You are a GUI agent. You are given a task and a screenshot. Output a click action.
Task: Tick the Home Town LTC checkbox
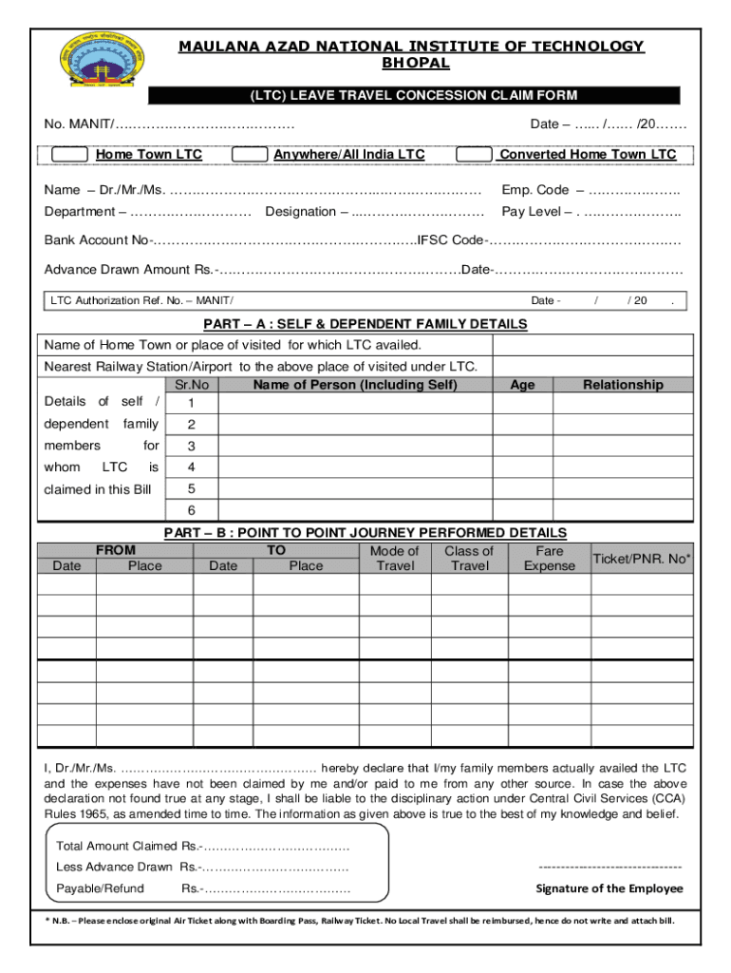[70, 155]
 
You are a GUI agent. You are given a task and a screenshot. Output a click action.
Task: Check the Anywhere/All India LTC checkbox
[249, 155]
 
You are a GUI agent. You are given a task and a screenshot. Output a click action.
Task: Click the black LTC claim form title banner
[414, 95]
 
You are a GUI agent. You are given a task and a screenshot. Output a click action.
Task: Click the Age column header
[522, 385]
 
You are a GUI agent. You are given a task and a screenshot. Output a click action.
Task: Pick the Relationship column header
[623, 385]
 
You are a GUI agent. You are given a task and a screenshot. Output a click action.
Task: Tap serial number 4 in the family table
[192, 467]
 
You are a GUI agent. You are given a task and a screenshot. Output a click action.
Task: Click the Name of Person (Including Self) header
[355, 385]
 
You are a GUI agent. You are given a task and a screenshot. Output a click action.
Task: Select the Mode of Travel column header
[394, 559]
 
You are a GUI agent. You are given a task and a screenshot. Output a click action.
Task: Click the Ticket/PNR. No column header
[642, 559]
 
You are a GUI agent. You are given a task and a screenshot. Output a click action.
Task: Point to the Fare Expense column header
[550, 559]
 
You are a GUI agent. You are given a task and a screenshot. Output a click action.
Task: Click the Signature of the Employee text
[609, 888]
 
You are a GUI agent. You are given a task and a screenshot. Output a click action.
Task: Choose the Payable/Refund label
[100, 888]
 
